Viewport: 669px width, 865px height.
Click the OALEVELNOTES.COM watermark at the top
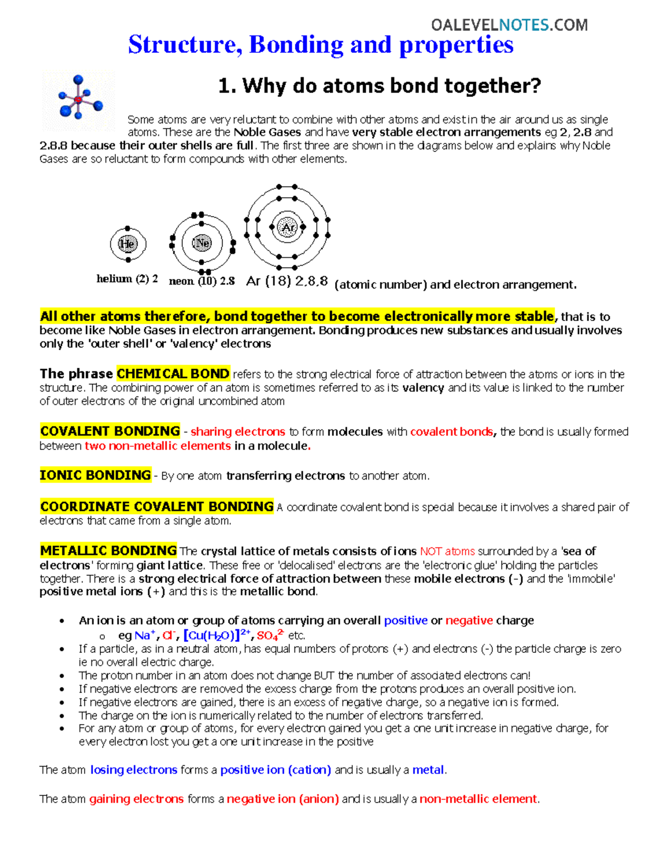(509, 25)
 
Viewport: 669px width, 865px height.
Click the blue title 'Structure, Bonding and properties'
(321, 45)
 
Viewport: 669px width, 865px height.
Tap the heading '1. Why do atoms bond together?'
(379, 86)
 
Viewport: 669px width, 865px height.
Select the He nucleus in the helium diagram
(128, 244)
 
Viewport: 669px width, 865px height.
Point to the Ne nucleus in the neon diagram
(202, 243)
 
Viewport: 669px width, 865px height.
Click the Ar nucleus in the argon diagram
(288, 227)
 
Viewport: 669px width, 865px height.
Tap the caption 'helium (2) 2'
(127, 279)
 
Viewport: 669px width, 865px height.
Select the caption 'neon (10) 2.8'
(201, 281)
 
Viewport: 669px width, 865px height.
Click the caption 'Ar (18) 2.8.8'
(287, 281)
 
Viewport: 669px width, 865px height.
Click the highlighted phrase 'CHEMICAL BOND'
(173, 374)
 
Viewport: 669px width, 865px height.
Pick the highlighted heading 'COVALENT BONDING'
(110, 431)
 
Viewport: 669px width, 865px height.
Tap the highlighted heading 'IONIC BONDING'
(95, 475)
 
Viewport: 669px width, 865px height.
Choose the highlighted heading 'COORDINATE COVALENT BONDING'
(157, 506)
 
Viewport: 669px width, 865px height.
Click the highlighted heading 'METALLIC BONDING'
(108, 551)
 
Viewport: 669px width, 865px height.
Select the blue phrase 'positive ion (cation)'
(275, 770)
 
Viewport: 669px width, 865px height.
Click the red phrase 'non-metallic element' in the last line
(478, 799)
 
